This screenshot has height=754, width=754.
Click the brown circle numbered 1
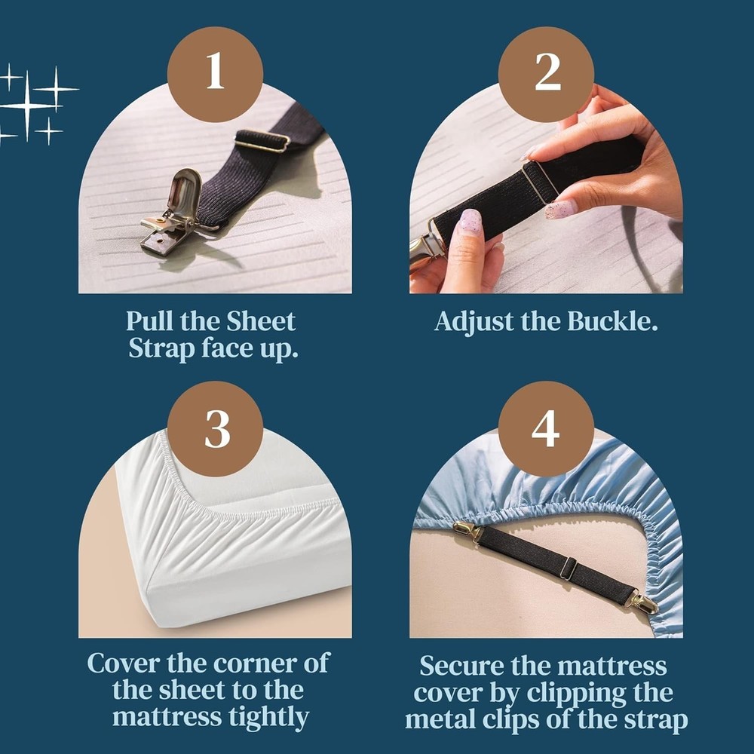tap(216, 73)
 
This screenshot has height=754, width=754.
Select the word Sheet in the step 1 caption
tap(261, 321)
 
